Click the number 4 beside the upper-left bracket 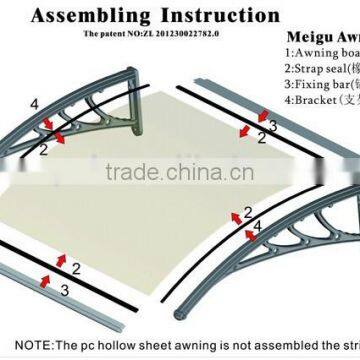tap(35, 104)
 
